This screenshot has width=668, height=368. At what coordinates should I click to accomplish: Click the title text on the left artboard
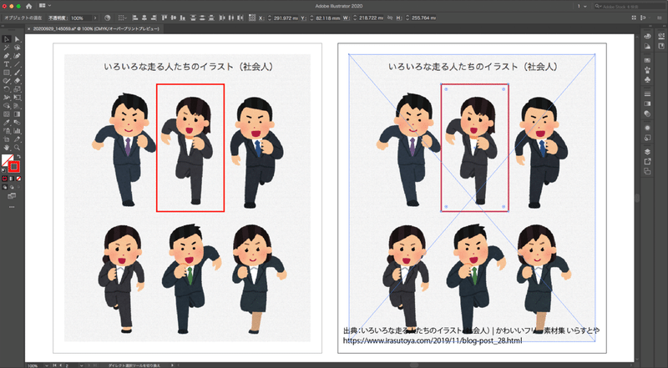tap(188, 66)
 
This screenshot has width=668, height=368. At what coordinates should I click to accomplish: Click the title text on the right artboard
tap(472, 66)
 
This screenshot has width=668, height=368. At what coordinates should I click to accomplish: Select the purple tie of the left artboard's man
tap(127, 148)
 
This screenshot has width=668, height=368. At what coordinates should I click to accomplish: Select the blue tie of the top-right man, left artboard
tap(257, 148)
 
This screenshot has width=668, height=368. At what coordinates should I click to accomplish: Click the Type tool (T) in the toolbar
tap(7, 63)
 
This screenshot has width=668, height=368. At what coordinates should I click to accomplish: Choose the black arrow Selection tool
tap(7, 38)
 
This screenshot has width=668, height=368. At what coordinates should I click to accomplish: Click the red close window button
tap(5, 6)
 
